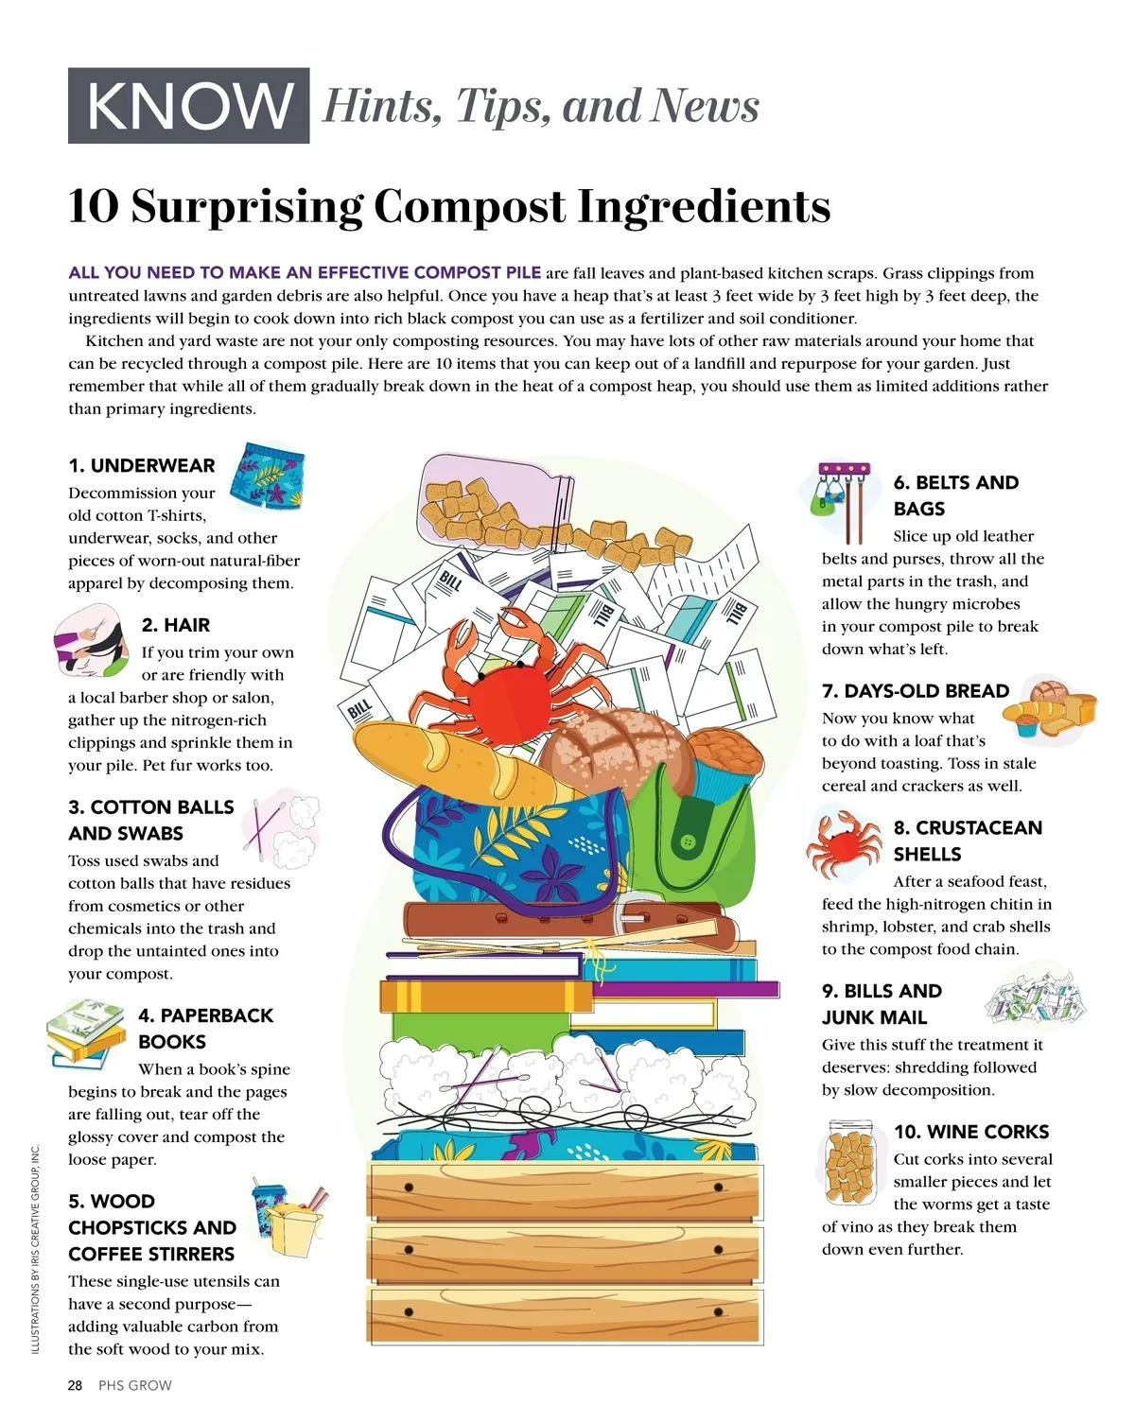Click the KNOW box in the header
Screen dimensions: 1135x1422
[x=188, y=105]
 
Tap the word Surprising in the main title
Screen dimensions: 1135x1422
[x=247, y=207]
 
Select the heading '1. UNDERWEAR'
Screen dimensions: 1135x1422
[x=142, y=465]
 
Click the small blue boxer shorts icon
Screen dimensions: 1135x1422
[x=267, y=476]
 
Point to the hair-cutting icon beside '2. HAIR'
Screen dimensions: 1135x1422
[x=91, y=639]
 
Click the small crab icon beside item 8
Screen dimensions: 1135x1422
[x=844, y=845]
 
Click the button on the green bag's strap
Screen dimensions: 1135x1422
[x=689, y=841]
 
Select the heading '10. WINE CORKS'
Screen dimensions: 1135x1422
[x=971, y=1131]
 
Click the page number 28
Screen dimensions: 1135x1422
[x=75, y=1385]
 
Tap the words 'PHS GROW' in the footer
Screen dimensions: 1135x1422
[x=135, y=1385]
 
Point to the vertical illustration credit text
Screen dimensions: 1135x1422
[x=36, y=1248]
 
